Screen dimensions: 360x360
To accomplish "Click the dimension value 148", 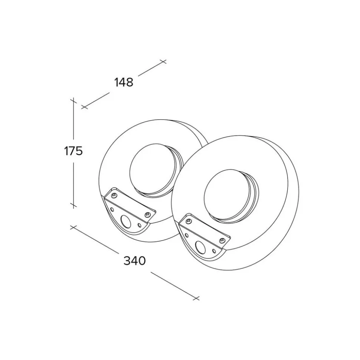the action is click(x=124, y=82).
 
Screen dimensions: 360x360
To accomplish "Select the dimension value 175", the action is click(x=73, y=151).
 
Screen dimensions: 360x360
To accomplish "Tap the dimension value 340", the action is click(x=135, y=261).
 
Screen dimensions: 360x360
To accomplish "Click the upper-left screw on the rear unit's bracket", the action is click(x=114, y=196).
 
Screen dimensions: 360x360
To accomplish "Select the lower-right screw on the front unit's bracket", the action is click(x=222, y=240).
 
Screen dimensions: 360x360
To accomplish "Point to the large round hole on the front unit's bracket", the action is click(x=200, y=247).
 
